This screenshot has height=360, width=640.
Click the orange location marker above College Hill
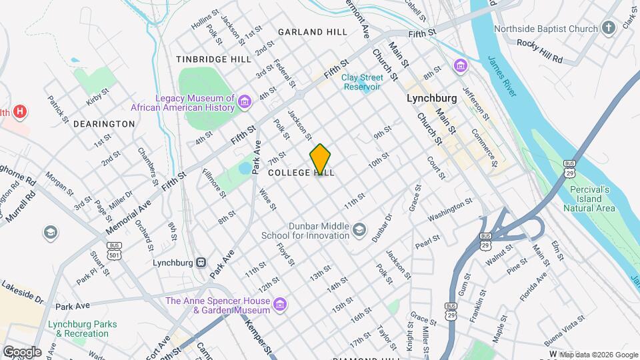pyautogui.click(x=321, y=159)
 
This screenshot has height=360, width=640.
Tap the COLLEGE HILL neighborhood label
pyautogui.click(x=301, y=173)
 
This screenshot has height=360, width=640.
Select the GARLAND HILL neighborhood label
pyautogui.click(x=313, y=32)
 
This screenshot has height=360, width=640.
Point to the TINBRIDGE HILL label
pyautogui.click(x=213, y=59)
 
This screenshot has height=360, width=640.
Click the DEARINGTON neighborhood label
pyautogui.click(x=104, y=124)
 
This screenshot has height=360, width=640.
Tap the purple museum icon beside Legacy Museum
pyautogui.click(x=245, y=102)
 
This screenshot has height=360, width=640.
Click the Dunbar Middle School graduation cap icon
pyautogui.click(x=360, y=231)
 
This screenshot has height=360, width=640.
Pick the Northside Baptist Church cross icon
pyautogui.click(x=607, y=29)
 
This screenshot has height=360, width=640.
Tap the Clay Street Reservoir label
pyautogui.click(x=361, y=82)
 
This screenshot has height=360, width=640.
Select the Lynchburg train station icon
pyautogui.click(x=201, y=263)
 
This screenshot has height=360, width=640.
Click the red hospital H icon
pyautogui.click(x=21, y=111)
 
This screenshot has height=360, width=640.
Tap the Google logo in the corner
pyautogui.click(x=21, y=351)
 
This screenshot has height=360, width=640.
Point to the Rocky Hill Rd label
pyautogui.click(x=539, y=59)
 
